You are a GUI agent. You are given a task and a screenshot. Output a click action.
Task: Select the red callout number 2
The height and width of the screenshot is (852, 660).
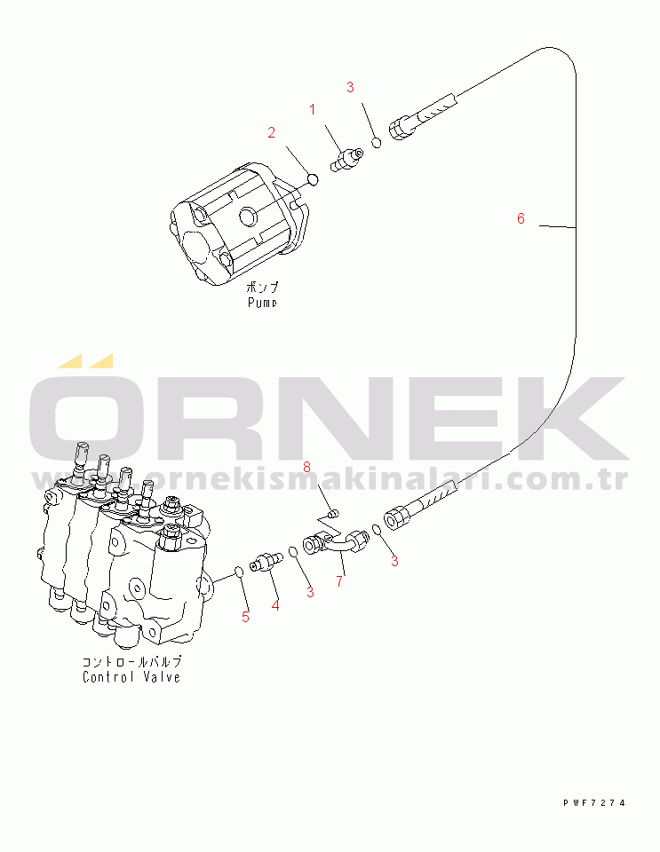[x=272, y=133]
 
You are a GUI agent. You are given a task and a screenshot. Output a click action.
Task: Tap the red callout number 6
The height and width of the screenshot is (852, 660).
[x=521, y=217]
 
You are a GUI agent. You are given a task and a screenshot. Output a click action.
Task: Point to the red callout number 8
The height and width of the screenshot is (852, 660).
[x=307, y=467]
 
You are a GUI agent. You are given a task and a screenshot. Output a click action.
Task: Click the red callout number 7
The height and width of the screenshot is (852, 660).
[x=338, y=582]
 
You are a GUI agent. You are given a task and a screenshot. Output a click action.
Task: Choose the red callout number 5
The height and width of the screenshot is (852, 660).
[x=246, y=616]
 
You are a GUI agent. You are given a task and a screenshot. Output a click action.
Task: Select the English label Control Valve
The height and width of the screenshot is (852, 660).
[x=131, y=677]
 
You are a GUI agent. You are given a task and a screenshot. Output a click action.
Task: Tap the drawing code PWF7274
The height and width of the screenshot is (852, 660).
[x=593, y=802]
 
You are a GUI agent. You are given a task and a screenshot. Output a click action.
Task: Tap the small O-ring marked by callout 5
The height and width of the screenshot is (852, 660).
[x=238, y=571]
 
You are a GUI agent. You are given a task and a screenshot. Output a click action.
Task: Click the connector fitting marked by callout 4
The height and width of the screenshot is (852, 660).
[x=266, y=563]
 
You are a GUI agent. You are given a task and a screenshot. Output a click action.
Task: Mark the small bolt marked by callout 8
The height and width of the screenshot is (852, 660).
[x=332, y=512]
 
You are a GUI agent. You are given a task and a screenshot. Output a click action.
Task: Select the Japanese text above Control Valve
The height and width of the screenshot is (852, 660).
[x=131, y=662]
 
